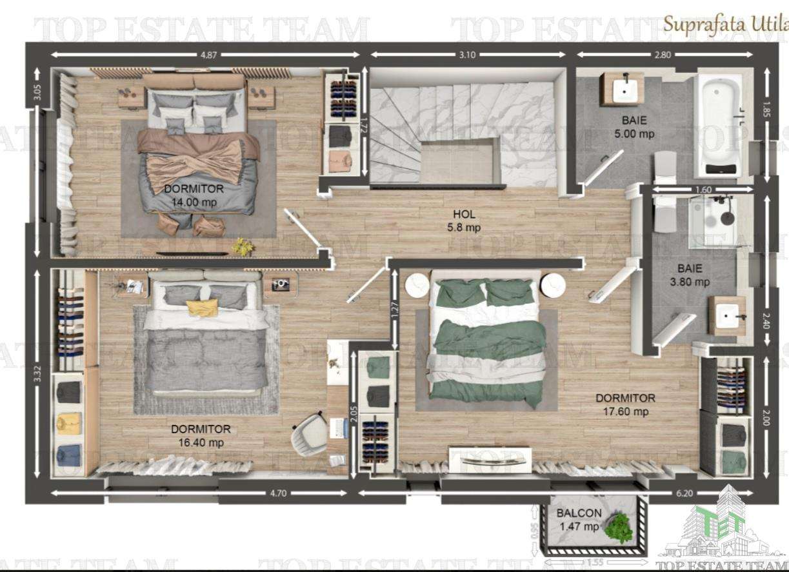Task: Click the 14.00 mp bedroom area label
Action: [194, 195]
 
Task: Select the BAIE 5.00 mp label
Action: [634, 127]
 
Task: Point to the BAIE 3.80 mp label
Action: [694, 275]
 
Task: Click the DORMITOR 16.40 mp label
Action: [201, 436]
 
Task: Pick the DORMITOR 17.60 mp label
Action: [624, 405]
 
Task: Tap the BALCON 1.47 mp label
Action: [579, 520]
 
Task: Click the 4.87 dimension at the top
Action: [208, 55]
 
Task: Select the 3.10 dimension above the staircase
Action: [467, 55]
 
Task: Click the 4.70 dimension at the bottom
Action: [277, 494]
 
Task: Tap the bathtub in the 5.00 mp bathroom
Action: [717, 126]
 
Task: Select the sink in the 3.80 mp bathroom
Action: [727, 316]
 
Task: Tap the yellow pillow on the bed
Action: [202, 308]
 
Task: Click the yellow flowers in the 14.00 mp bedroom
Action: [243, 246]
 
